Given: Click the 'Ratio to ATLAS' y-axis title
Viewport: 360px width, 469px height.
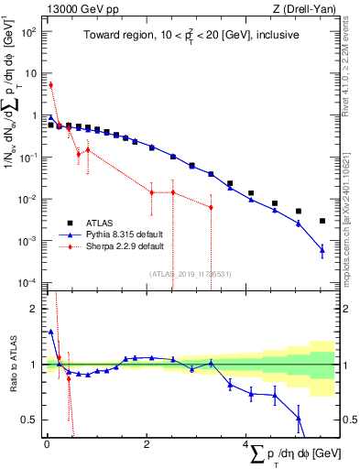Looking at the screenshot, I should point(11,364).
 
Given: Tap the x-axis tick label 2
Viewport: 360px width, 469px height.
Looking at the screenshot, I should point(147,444).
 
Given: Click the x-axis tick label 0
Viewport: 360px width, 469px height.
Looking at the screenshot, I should point(47,444).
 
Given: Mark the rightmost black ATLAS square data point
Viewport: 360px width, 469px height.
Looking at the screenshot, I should point(322,221).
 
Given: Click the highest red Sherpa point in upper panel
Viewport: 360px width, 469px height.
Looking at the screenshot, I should point(50,85).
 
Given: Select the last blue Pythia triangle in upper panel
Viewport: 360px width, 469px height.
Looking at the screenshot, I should point(322,249).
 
